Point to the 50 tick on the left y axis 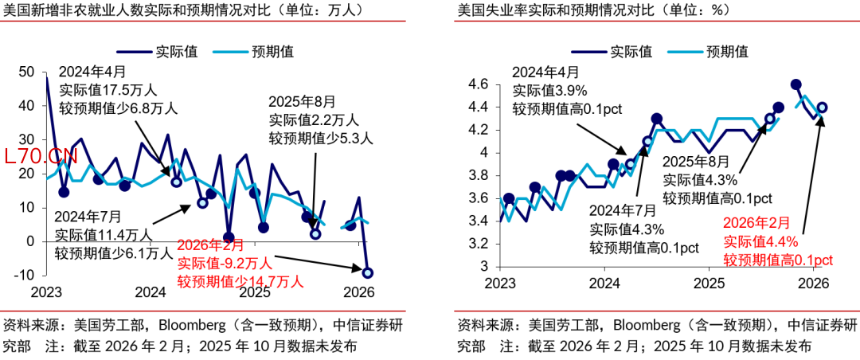(x=25, y=72)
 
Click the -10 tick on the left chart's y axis (x=23, y=275)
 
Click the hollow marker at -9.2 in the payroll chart (x=368, y=273)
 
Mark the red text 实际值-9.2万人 (x=225, y=263)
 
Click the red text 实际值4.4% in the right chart (x=760, y=242)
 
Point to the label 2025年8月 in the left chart (x=302, y=102)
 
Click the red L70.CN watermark (x=41, y=157)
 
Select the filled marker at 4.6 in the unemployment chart (x=795, y=84)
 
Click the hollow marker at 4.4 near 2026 (x=822, y=108)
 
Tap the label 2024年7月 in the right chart (x=623, y=210)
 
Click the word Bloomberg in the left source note (x=191, y=325)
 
